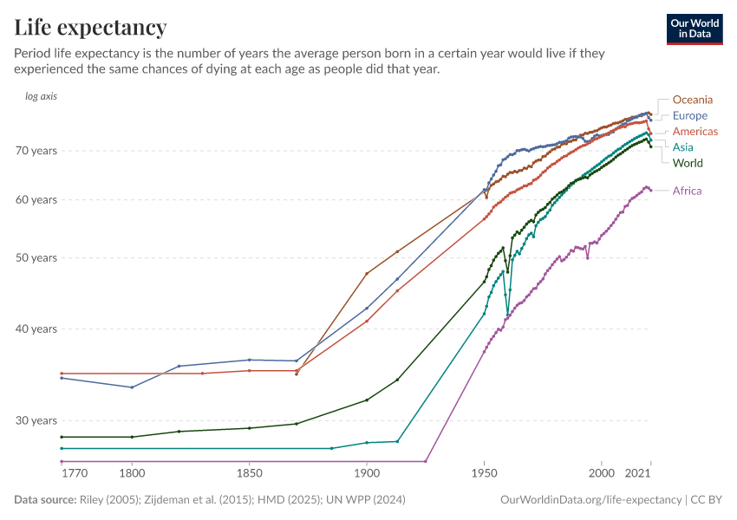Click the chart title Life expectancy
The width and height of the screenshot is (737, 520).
click(90, 28)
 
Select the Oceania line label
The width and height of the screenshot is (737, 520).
click(692, 100)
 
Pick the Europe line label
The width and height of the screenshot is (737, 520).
click(689, 115)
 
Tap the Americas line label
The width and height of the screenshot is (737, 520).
click(695, 132)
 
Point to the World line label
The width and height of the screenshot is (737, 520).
click(688, 163)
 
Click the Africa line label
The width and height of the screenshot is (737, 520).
click(687, 191)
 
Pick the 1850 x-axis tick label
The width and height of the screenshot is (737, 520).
click(249, 474)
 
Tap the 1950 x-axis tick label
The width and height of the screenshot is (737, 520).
click(484, 474)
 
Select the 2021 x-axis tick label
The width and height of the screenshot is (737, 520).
click(638, 474)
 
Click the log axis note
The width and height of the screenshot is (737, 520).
click(42, 96)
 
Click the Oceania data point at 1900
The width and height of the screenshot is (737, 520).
click(367, 274)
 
